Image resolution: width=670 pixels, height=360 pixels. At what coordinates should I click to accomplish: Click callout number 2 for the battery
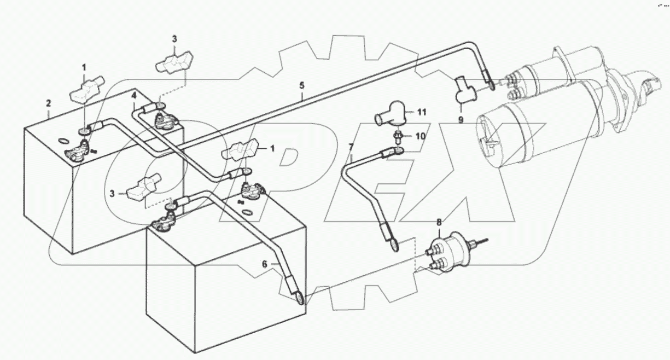(48, 103)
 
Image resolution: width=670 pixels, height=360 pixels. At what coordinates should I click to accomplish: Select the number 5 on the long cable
(301, 85)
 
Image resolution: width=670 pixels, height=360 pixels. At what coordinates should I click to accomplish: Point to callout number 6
(265, 264)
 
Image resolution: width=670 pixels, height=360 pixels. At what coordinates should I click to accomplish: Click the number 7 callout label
(351, 147)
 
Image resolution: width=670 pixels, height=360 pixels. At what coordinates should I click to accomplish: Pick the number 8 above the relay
(438, 222)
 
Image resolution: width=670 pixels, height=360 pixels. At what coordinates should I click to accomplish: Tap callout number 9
(461, 119)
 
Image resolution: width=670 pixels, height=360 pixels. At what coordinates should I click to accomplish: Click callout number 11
(421, 113)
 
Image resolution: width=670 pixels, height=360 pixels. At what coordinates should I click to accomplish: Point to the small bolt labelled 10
(398, 136)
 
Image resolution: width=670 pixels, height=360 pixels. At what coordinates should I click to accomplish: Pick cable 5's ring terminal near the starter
(491, 84)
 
